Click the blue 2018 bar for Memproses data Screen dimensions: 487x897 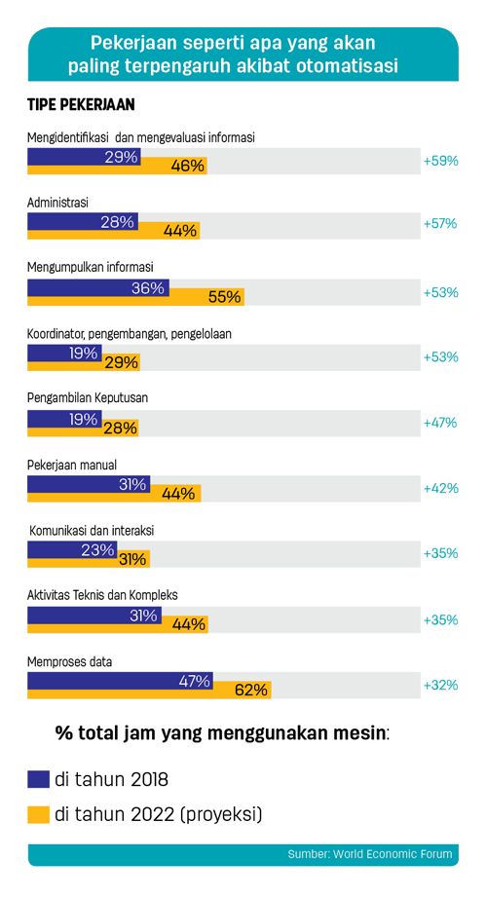click(x=120, y=681)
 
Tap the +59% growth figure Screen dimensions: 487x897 click(x=440, y=161)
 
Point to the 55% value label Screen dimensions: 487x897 click(x=224, y=297)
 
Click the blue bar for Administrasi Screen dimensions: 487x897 click(x=83, y=221)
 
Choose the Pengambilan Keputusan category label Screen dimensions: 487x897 click(x=88, y=397)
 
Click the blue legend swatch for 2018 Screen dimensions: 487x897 click(x=38, y=779)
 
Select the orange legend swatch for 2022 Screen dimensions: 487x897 click(x=38, y=814)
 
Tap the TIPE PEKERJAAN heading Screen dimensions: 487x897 click(x=81, y=104)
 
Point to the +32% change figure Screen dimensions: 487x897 click(x=440, y=685)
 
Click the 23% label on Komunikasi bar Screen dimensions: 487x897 click(x=97, y=549)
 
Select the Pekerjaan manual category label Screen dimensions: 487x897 click(x=72, y=466)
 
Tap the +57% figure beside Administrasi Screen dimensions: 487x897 click(x=440, y=223)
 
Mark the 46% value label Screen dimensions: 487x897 click(x=188, y=166)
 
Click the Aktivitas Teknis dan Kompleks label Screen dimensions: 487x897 click(x=102, y=595)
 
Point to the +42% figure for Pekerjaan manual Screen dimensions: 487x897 click(x=440, y=488)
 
